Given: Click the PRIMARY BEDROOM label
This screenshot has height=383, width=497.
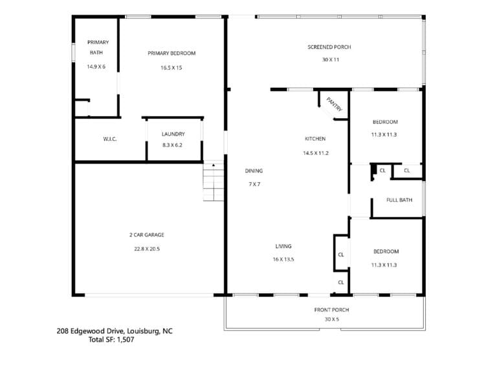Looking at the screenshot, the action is tap(171, 53).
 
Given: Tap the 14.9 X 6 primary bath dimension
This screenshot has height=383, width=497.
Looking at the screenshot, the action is tap(96, 67).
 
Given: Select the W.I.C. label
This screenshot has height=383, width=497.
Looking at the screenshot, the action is tap(110, 139).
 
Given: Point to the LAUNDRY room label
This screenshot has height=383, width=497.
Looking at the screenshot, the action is tap(173, 134).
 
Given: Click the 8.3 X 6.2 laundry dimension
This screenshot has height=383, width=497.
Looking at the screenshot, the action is tap(172, 145).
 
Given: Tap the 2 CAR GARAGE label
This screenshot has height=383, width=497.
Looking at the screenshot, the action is tap(147, 234).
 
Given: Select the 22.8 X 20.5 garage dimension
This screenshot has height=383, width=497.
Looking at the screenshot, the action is tap(147, 249).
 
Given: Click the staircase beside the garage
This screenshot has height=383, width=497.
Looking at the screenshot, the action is tap(214, 181).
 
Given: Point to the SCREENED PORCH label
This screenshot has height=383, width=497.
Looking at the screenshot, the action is tap(329, 47).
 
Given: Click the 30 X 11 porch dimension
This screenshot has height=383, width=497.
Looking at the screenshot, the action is tap(331, 59).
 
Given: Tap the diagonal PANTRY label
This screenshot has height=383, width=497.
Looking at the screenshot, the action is tap(335, 105).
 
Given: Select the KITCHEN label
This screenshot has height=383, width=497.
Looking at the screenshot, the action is tap(315, 138).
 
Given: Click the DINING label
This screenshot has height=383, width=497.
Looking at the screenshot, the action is tap(254, 171).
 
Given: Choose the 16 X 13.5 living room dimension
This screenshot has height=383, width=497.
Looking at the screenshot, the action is tap(283, 260).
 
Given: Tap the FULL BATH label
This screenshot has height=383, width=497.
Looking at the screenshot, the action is tap(399, 200).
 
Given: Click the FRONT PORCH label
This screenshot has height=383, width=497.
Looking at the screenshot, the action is tap(331, 310).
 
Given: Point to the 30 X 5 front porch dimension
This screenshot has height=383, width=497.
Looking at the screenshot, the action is tap(332, 320).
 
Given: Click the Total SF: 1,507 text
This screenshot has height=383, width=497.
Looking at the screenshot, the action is tap(111, 340).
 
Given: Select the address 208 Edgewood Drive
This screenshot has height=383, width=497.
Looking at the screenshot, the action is tap(91, 331).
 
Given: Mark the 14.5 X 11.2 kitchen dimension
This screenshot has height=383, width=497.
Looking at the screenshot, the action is tap(316, 153).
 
